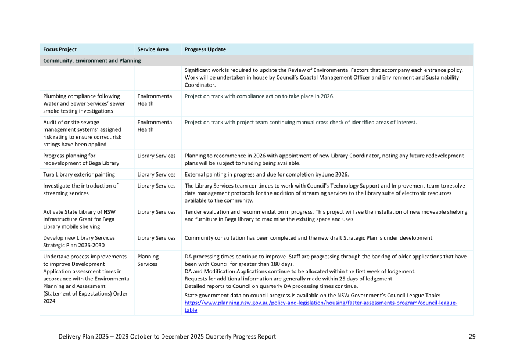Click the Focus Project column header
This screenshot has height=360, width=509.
click(60, 49)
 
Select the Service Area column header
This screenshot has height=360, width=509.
click(153, 49)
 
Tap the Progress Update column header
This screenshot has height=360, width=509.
click(205, 49)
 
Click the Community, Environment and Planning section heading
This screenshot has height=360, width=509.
click(92, 60)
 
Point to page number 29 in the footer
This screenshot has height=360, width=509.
click(472, 336)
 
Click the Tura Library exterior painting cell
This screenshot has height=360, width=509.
click(79, 174)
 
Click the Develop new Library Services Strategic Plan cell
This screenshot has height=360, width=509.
click(79, 241)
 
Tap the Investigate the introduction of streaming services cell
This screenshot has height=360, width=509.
click(80, 189)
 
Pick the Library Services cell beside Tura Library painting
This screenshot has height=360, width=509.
click(156, 174)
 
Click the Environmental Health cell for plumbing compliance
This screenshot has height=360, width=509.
click(155, 100)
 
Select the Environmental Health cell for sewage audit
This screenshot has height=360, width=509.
click(155, 126)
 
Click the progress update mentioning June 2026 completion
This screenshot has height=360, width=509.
click(267, 174)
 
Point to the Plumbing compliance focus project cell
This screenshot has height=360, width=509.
click(84, 103)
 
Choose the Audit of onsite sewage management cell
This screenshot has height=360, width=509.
click(83, 133)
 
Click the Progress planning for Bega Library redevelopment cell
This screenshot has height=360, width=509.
click(81, 159)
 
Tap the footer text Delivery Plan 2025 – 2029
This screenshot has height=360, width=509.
click(167, 336)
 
